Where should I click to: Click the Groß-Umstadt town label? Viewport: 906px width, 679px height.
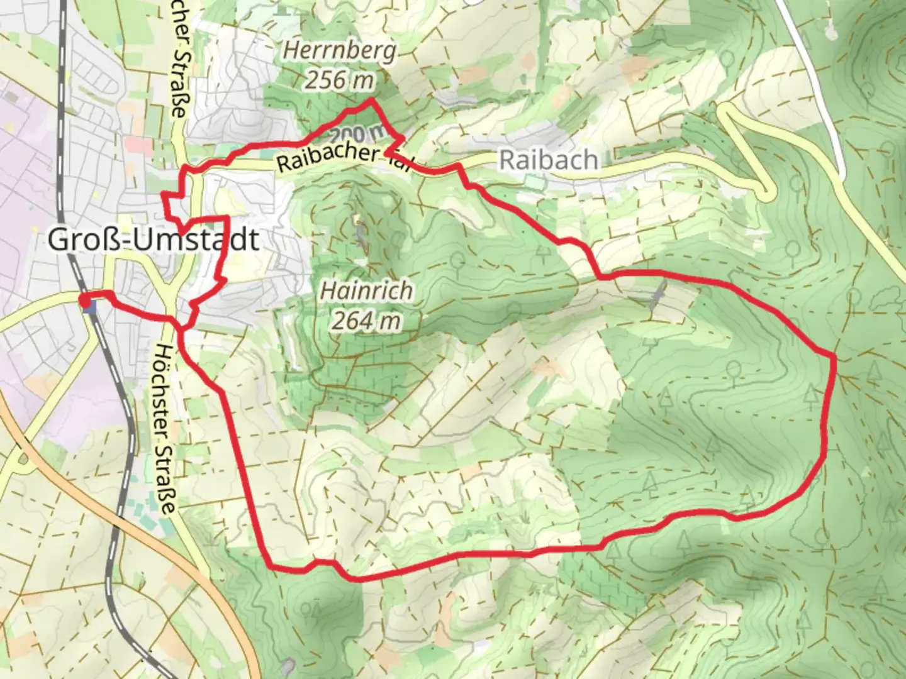153,240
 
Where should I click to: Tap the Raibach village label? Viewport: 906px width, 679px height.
548,160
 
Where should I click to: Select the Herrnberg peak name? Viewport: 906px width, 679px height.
340,50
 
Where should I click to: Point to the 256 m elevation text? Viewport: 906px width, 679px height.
340,80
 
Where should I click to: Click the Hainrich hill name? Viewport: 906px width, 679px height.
367,290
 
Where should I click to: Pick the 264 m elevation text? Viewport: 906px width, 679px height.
367,321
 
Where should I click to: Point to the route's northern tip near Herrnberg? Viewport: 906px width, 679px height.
371,100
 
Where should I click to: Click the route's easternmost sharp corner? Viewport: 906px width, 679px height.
835,357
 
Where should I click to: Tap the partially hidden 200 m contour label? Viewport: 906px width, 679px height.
355,133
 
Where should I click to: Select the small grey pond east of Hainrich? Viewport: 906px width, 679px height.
657,295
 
